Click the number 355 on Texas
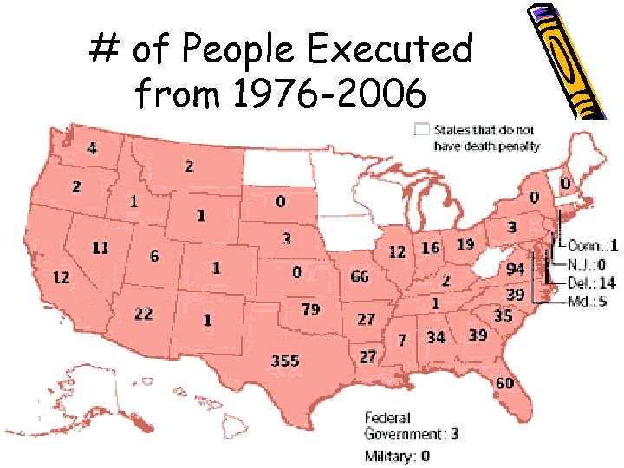[284, 361]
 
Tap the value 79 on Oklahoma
[310, 309]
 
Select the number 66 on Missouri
[360, 276]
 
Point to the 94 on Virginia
[515, 269]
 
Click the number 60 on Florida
[505, 383]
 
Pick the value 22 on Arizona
[143, 314]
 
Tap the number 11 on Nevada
[101, 248]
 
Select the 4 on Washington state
[92, 148]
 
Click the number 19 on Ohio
[465, 244]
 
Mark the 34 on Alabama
[436, 336]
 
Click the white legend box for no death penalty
[421, 130]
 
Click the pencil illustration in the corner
[568, 61]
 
